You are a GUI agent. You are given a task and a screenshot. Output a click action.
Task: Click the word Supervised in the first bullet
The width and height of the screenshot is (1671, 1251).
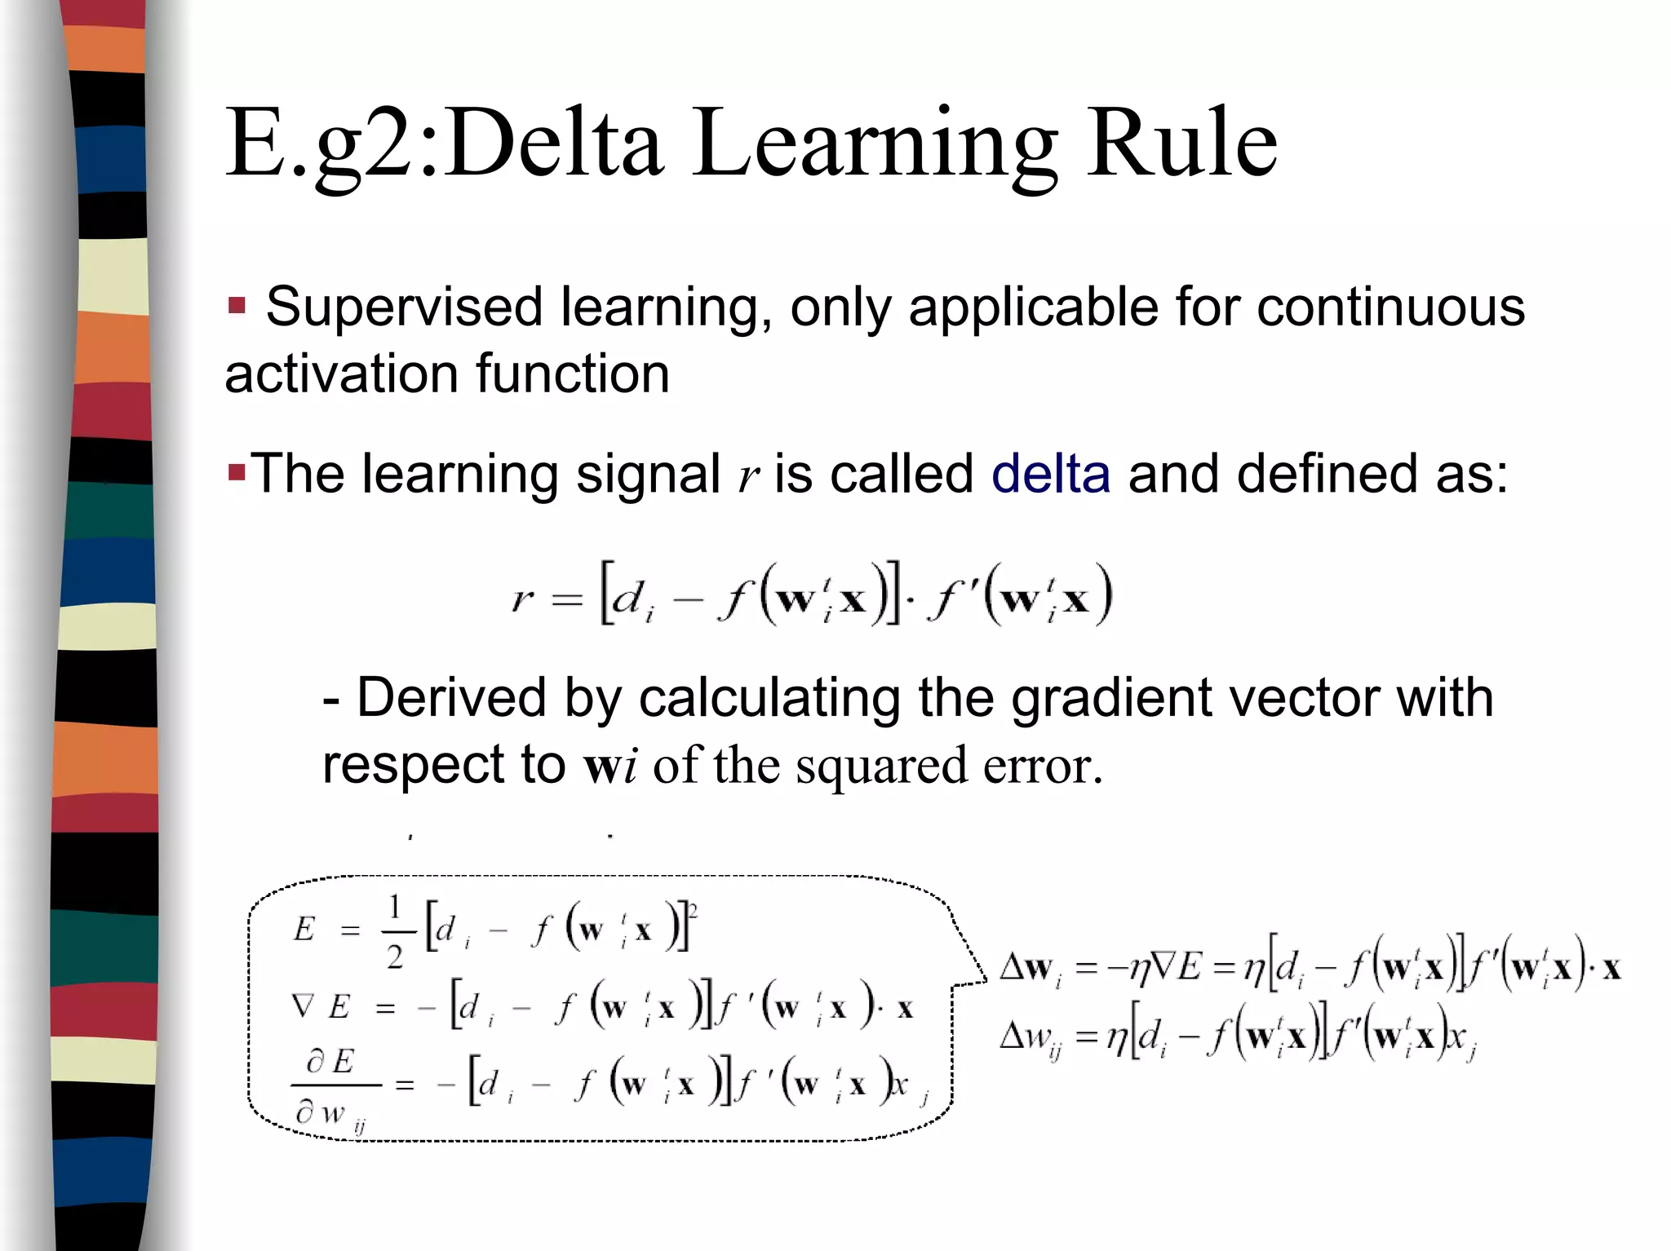(x=404, y=308)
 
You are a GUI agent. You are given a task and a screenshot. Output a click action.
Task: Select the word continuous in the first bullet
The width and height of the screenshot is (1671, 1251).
(x=1390, y=308)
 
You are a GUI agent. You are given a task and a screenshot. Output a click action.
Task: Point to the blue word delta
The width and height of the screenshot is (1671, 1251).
(x=1050, y=475)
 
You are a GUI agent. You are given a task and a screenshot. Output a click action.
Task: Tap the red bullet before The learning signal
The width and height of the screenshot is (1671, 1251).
(x=237, y=472)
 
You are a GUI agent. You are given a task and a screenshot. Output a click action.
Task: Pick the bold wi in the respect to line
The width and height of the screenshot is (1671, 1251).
(x=610, y=767)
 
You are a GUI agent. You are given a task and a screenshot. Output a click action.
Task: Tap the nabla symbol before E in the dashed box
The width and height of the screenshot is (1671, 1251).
(x=303, y=1007)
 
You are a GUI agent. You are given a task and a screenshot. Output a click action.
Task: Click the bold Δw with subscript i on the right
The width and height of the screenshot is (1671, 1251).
(x=1031, y=969)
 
